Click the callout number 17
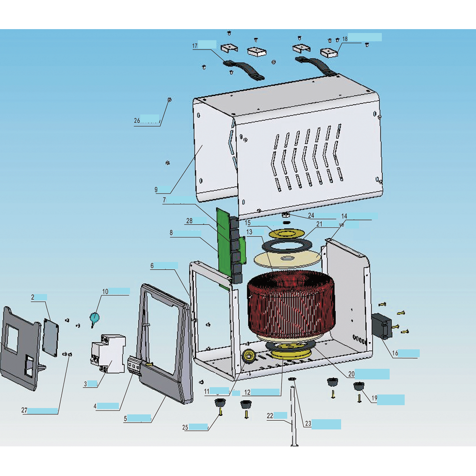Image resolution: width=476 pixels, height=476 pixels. click(x=195, y=46)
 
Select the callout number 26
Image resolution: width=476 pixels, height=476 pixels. click(x=137, y=121)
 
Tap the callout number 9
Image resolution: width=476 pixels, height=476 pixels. click(x=156, y=189)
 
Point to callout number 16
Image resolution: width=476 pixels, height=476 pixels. click(x=395, y=353)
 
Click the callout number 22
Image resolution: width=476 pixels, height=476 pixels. click(x=270, y=415)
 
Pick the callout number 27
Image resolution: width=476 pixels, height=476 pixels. click(x=24, y=410)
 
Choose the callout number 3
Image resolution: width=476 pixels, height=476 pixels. click(x=85, y=384)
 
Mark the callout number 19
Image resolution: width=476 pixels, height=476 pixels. click(x=374, y=399)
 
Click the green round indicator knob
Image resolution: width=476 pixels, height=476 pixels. click(x=94, y=317)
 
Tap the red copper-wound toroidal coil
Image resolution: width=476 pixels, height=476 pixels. click(x=290, y=306)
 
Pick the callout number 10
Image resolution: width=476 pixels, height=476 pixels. click(x=105, y=292)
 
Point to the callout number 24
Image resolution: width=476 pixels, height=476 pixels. click(x=311, y=215)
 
